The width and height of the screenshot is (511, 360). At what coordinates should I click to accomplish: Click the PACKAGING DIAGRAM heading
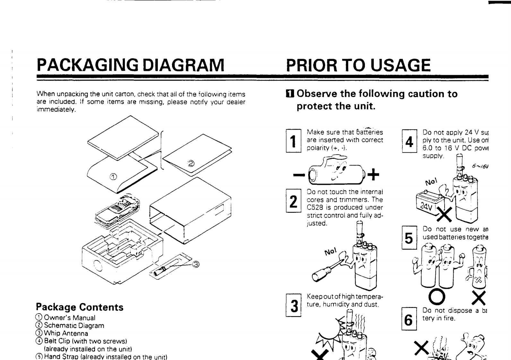point(130,65)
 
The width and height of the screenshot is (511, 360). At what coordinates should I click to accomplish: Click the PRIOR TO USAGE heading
point(358,65)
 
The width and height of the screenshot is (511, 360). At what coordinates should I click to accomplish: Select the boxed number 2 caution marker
point(293,201)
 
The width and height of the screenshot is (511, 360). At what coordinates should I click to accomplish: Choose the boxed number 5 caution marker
point(409,238)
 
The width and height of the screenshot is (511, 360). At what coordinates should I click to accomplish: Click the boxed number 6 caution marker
point(409,319)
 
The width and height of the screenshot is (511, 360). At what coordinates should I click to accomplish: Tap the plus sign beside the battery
point(373,175)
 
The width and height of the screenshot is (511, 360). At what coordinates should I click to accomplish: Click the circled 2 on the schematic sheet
point(191,164)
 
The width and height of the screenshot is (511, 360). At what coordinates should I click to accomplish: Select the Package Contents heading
point(80,307)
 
